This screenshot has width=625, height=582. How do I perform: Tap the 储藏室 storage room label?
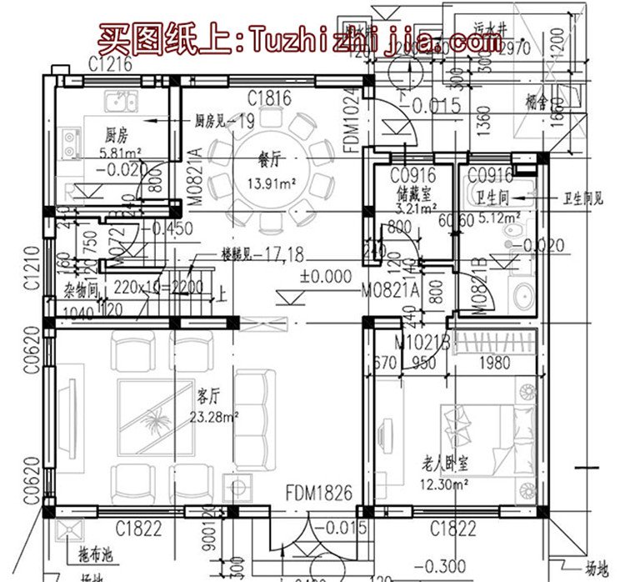coord(415,197)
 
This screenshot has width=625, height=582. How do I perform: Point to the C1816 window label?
coord(269,99)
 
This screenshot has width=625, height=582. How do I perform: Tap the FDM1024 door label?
coord(351,120)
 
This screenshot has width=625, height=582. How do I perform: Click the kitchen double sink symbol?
coord(121,103)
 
